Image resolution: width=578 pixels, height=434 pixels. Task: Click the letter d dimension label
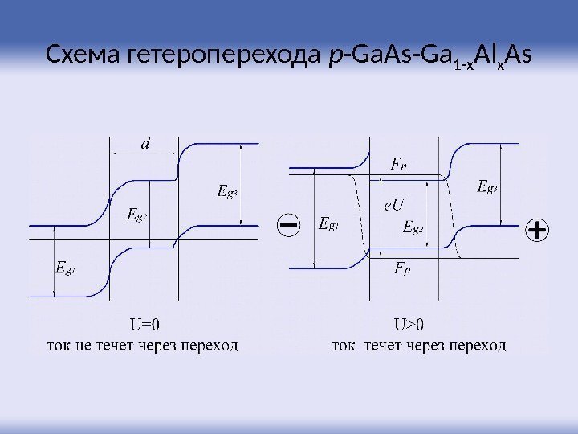tap(145, 144)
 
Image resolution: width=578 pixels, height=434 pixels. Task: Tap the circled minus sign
tap(288, 225)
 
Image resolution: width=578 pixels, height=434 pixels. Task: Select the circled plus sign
tap(536, 231)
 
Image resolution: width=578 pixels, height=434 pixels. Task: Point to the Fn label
tap(398, 165)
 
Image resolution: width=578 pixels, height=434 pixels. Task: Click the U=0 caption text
tap(144, 325)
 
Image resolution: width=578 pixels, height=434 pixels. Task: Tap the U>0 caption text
tap(409, 325)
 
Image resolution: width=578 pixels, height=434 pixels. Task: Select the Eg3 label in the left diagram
tap(229, 191)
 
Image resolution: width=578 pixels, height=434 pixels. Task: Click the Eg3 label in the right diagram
tap(487, 188)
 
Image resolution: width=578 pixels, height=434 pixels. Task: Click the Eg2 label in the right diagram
tap(413, 227)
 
